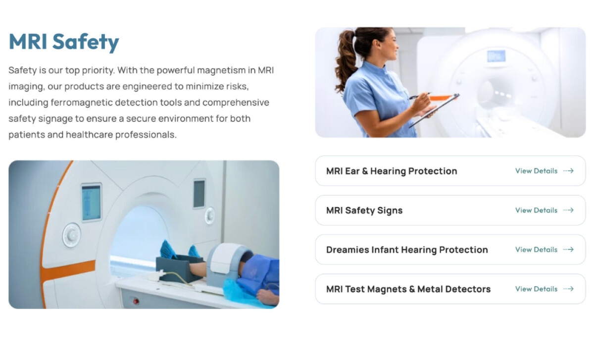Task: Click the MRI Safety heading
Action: pyautogui.click(x=64, y=42)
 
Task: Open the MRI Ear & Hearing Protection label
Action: pyautogui.click(x=391, y=171)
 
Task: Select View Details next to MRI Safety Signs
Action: pyautogui.click(x=536, y=210)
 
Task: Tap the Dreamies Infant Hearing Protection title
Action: pyautogui.click(x=406, y=250)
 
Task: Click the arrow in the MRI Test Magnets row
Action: pyautogui.click(x=568, y=289)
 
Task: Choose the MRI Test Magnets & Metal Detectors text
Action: pyautogui.click(x=408, y=289)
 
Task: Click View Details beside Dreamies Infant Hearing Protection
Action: pyautogui.click(x=536, y=250)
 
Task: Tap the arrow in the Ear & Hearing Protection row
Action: pyautogui.click(x=568, y=171)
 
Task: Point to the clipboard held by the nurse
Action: pyautogui.click(x=436, y=109)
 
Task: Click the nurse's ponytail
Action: pyautogui.click(x=346, y=62)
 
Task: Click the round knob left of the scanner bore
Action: pyautogui.click(x=71, y=235)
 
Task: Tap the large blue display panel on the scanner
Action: pyautogui.click(x=91, y=202)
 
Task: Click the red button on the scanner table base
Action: pyautogui.click(x=135, y=301)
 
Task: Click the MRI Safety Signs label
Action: pyautogui.click(x=364, y=210)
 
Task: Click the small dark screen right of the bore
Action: pyautogui.click(x=199, y=194)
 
